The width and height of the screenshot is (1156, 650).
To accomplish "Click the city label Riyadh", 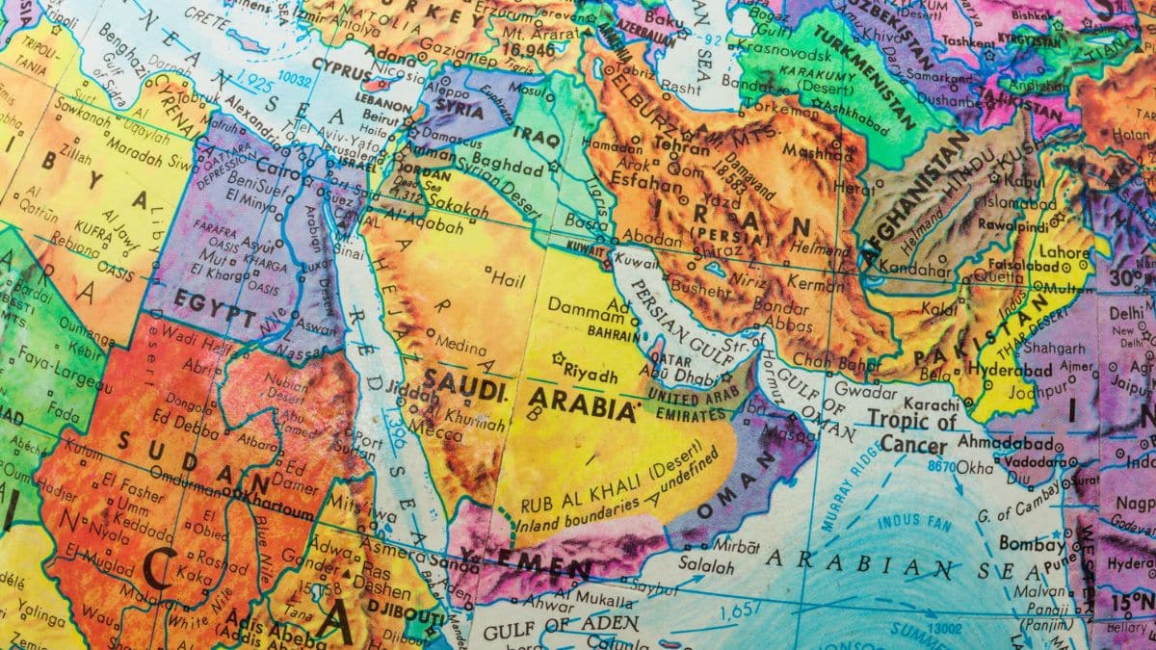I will click(x=589, y=372).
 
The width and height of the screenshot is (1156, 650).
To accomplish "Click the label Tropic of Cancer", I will click(x=911, y=432).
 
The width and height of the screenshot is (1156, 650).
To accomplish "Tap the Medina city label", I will click(x=460, y=341).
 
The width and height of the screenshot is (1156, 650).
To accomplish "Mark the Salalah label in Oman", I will click(x=711, y=564).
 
